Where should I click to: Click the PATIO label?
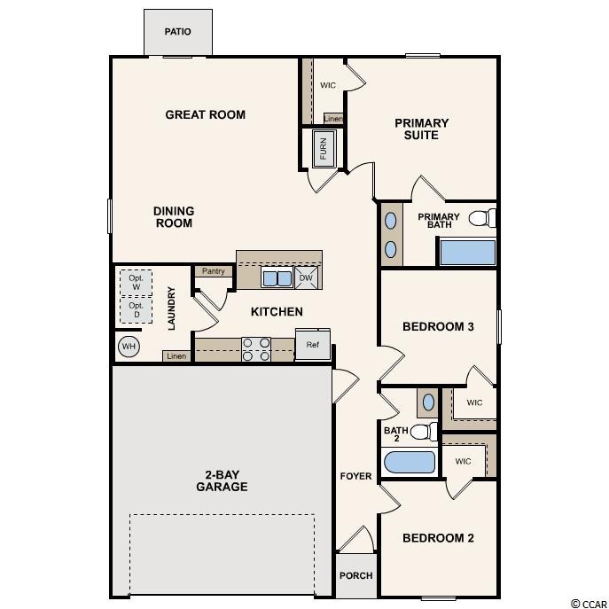pyautogui.click(x=177, y=31)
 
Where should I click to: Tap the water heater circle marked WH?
pyautogui.click(x=129, y=346)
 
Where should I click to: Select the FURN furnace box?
pyautogui.click(x=324, y=148)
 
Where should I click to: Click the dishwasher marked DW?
pyautogui.click(x=306, y=277)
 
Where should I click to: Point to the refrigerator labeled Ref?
pyautogui.click(x=313, y=345)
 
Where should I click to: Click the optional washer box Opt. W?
pyautogui.click(x=136, y=283)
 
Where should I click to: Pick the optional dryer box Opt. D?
pyautogui.click(x=136, y=310)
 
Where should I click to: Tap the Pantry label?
pyautogui.click(x=214, y=271)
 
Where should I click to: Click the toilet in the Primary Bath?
pyautogui.click(x=482, y=218)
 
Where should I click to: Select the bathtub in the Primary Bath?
pyautogui.click(x=467, y=252)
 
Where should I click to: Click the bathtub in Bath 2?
pyautogui.click(x=410, y=463)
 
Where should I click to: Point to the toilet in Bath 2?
pyautogui.click(x=424, y=432)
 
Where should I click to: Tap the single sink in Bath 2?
pyautogui.click(x=428, y=402)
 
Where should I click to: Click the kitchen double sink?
pyautogui.click(x=277, y=278)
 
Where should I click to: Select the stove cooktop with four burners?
pyautogui.click(x=256, y=349)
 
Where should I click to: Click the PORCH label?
pyautogui.click(x=355, y=575)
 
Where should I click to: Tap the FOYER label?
pyautogui.click(x=355, y=476)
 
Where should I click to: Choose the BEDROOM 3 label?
pyautogui.click(x=438, y=326)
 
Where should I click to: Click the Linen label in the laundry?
pyautogui.click(x=176, y=356)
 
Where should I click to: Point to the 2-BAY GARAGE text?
pyautogui.click(x=222, y=480)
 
